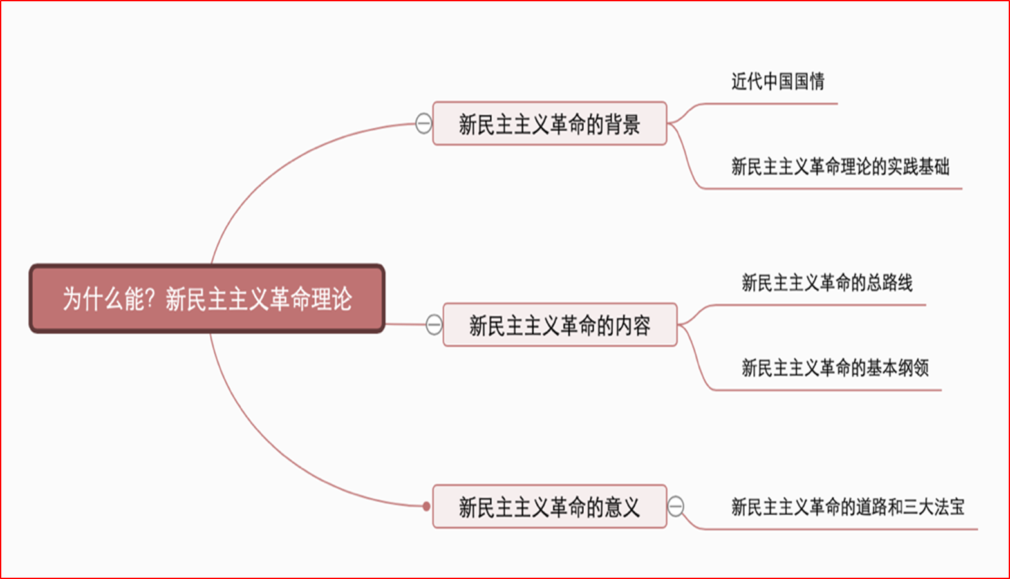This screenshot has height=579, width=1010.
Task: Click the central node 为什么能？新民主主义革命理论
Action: tap(207, 298)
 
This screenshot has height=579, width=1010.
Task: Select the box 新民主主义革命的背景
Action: tap(549, 124)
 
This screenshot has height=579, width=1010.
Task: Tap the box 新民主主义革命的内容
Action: tap(559, 325)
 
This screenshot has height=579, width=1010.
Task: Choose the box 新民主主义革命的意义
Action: tap(549, 507)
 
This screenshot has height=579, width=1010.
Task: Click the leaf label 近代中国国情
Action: tap(778, 81)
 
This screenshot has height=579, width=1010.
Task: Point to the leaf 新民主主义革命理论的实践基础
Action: tap(839, 167)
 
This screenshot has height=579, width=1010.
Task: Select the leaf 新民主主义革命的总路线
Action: tap(827, 282)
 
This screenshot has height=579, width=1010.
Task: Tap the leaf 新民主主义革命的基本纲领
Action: tap(834, 368)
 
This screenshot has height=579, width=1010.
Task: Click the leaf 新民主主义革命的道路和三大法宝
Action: tap(847, 507)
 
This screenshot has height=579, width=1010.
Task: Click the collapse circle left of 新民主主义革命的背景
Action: tap(424, 123)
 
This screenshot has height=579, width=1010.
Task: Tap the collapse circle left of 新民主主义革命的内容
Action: tap(435, 325)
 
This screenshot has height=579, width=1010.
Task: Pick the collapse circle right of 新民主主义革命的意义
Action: tap(676, 506)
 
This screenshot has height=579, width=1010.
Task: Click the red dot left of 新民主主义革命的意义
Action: tap(426, 506)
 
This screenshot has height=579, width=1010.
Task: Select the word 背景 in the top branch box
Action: tap(622, 124)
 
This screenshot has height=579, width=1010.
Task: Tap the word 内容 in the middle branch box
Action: tap(633, 325)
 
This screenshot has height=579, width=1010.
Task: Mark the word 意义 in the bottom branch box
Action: tap(622, 507)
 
